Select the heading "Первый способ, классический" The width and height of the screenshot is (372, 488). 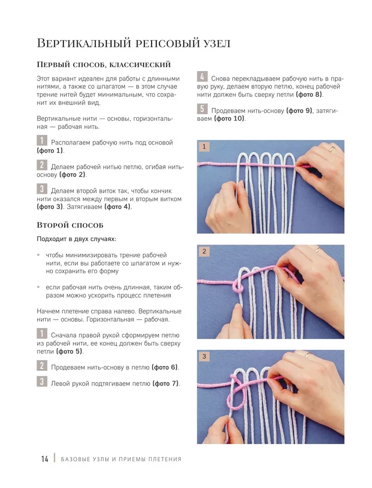click(103, 64)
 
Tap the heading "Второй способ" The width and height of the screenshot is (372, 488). click(70, 225)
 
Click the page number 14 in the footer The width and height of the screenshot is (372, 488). click(44, 459)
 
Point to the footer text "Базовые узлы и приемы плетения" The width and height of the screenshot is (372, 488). click(121, 459)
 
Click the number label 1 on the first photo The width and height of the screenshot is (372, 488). click(204, 146)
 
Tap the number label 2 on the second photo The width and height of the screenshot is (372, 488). click(204, 252)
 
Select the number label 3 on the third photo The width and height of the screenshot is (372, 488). click(204, 357)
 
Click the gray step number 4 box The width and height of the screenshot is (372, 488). click(202, 77)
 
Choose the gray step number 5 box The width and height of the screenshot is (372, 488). click(202, 109)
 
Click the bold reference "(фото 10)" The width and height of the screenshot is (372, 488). click(229, 119)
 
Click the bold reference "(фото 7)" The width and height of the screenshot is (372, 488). click(165, 383)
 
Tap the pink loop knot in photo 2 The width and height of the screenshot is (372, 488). click(237, 288)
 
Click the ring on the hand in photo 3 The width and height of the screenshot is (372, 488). click(309, 355)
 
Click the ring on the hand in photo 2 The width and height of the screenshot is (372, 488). click(318, 250)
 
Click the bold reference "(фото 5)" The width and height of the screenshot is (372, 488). click(69, 351)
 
